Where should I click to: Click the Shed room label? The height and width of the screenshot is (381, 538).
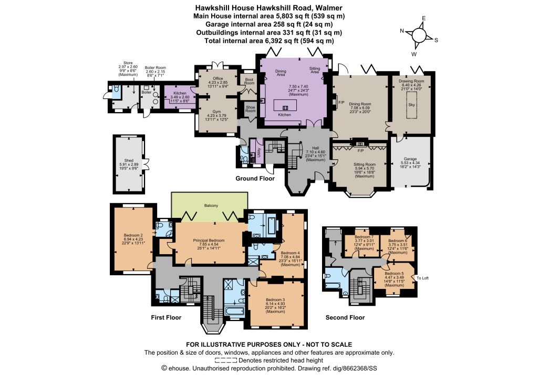129,161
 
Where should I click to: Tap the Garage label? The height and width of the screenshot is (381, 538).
410,159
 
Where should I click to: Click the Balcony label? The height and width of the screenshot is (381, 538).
211,205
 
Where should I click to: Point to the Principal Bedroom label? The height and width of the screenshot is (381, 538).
209,240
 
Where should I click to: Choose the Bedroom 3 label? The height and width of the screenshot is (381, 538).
275,299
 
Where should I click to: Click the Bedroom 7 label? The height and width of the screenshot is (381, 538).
364,237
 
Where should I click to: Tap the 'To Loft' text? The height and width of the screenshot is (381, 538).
423,278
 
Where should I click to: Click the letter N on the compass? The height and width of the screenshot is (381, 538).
402,31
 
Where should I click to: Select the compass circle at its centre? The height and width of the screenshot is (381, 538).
419,35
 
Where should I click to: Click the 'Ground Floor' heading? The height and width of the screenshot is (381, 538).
255,178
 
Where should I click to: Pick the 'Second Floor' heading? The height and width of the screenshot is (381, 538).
345,317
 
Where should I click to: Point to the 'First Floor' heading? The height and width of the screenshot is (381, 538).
166,317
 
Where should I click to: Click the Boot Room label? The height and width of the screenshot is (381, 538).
250,82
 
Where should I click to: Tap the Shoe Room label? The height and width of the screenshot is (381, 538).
251,109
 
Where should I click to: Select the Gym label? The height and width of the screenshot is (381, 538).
216,112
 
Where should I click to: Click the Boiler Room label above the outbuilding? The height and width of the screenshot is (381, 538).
156,68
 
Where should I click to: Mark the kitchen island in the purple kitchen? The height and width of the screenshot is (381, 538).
285,105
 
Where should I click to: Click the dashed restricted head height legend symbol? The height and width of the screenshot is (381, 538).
226,360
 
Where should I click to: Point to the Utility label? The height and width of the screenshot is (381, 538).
258,152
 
